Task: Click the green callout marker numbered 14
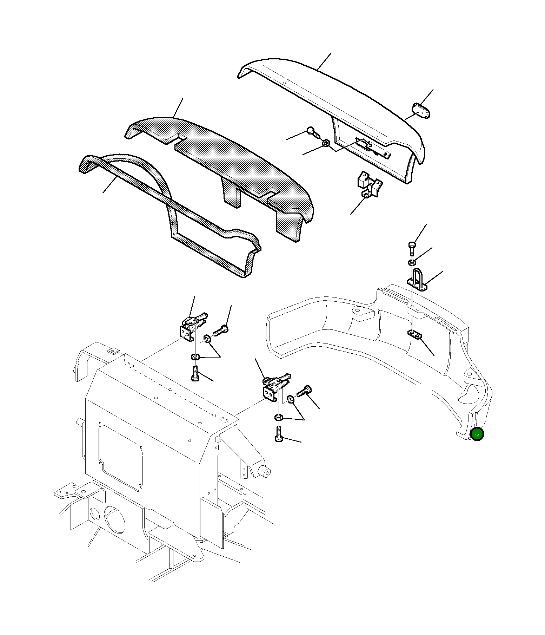tap(477, 435)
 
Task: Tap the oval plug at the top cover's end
tap(421, 111)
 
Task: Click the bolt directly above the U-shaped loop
tap(412, 249)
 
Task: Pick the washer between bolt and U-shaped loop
tap(412, 262)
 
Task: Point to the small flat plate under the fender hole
tap(415, 334)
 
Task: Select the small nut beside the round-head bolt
tap(326, 143)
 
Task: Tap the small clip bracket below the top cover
tap(370, 184)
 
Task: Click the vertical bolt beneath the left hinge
tap(195, 373)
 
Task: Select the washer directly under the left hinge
tap(195, 357)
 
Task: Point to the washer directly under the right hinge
tap(278, 417)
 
